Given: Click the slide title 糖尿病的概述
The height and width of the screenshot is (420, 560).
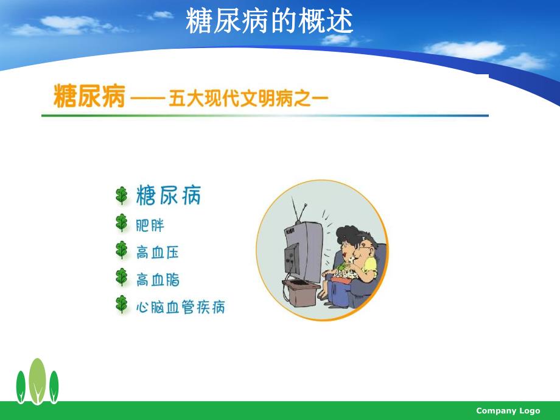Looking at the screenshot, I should pyautogui.click(x=269, y=21).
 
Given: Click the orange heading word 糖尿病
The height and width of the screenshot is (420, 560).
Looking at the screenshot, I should pyautogui.click(x=89, y=97).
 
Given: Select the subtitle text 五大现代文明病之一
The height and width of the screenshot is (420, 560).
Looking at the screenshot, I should pyautogui.click(x=248, y=99).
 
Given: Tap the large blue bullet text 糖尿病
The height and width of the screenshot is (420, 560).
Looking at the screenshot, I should pyautogui.click(x=169, y=196).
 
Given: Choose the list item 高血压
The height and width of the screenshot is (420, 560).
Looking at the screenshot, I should pyautogui.click(x=157, y=252).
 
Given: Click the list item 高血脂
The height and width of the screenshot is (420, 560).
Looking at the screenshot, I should pyautogui.click(x=157, y=279).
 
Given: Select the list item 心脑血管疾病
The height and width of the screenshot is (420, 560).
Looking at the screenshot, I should pyautogui.click(x=180, y=307).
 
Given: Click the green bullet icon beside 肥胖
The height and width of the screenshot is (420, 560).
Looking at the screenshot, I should pyautogui.click(x=122, y=223).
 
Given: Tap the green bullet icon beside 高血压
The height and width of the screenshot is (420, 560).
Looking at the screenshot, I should pyautogui.click(x=122, y=251).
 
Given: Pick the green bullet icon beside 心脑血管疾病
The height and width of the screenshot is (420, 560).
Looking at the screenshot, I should pyautogui.click(x=122, y=306).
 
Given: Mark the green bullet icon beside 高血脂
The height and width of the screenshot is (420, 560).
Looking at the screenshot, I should pyautogui.click(x=122, y=278).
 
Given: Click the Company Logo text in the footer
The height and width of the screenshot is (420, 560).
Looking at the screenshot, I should pyautogui.click(x=508, y=411).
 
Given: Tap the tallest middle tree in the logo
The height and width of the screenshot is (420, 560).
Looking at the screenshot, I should pyautogui.click(x=38, y=380).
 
